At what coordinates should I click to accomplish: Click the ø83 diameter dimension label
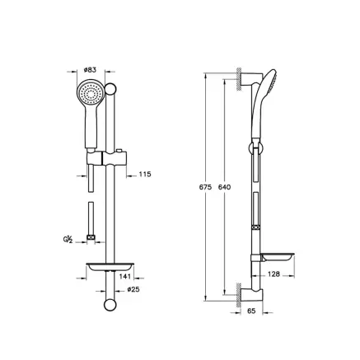click(91, 71)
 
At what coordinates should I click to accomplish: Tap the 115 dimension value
click(144, 174)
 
